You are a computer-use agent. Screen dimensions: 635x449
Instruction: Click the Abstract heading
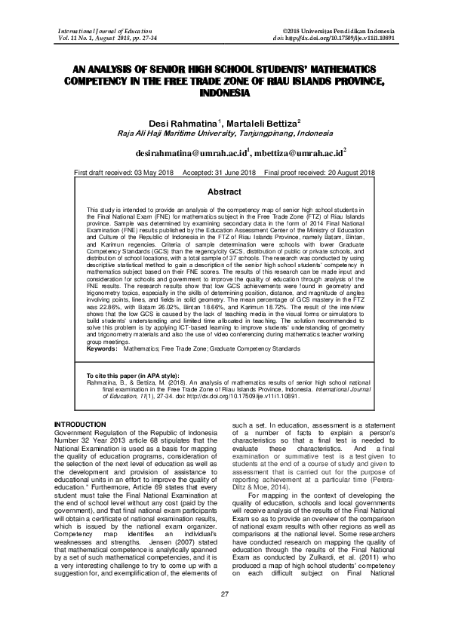coord(224,192)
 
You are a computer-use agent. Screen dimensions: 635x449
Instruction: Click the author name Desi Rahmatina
coord(179,122)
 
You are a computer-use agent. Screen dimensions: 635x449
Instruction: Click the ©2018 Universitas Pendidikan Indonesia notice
coord(331,28)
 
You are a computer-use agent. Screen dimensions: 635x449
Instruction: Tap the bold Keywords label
coord(102,349)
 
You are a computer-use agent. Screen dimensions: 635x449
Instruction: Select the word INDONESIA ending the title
coord(224,93)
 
